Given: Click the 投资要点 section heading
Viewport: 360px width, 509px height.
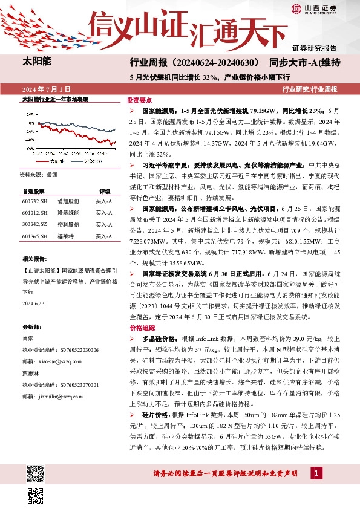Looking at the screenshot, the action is pos(139,101).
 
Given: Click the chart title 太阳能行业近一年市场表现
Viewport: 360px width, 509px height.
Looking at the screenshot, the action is pos(55,99).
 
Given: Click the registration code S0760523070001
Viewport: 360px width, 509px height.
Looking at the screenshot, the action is pos(60,384).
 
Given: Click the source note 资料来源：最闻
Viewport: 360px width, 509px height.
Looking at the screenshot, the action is pos(39,174).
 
